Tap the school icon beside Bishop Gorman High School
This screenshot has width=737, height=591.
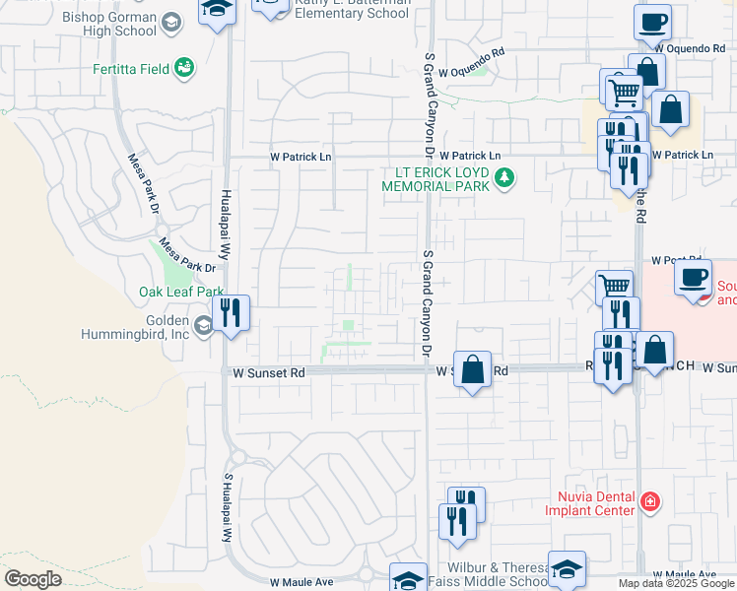pyautogui.click(x=171, y=23)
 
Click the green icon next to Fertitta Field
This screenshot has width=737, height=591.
pyautogui.click(x=183, y=67)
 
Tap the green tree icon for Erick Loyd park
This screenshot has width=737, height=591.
pyautogui.click(x=505, y=178)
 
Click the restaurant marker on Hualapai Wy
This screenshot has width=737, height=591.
pyautogui.click(x=231, y=313)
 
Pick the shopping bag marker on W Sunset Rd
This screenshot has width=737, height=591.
pyautogui.click(x=473, y=369)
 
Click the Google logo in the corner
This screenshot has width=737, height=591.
pyautogui.click(x=33, y=579)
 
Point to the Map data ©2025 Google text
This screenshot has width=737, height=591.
pyautogui.click(x=676, y=583)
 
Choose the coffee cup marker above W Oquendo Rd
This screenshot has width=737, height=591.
pyautogui.click(x=652, y=20)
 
